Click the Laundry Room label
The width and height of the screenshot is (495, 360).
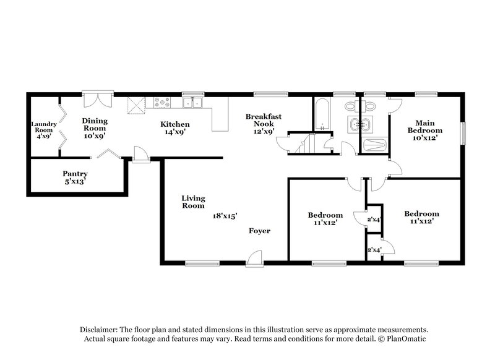(44, 127)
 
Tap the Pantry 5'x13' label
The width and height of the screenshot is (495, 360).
(74, 178)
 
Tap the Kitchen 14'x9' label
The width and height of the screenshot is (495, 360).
(175, 127)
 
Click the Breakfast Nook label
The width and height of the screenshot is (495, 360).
(264, 120)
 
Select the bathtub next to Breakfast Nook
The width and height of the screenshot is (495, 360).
(322, 115)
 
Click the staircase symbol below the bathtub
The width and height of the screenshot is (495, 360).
(302, 145)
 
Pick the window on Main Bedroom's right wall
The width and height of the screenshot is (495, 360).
(463, 133)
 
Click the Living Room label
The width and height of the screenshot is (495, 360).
(193, 202)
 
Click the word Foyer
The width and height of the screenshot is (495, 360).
(260, 231)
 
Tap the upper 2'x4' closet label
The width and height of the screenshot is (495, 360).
(374, 219)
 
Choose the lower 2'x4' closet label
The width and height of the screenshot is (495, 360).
(374, 250)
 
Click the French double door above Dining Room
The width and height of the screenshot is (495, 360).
(98, 100)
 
